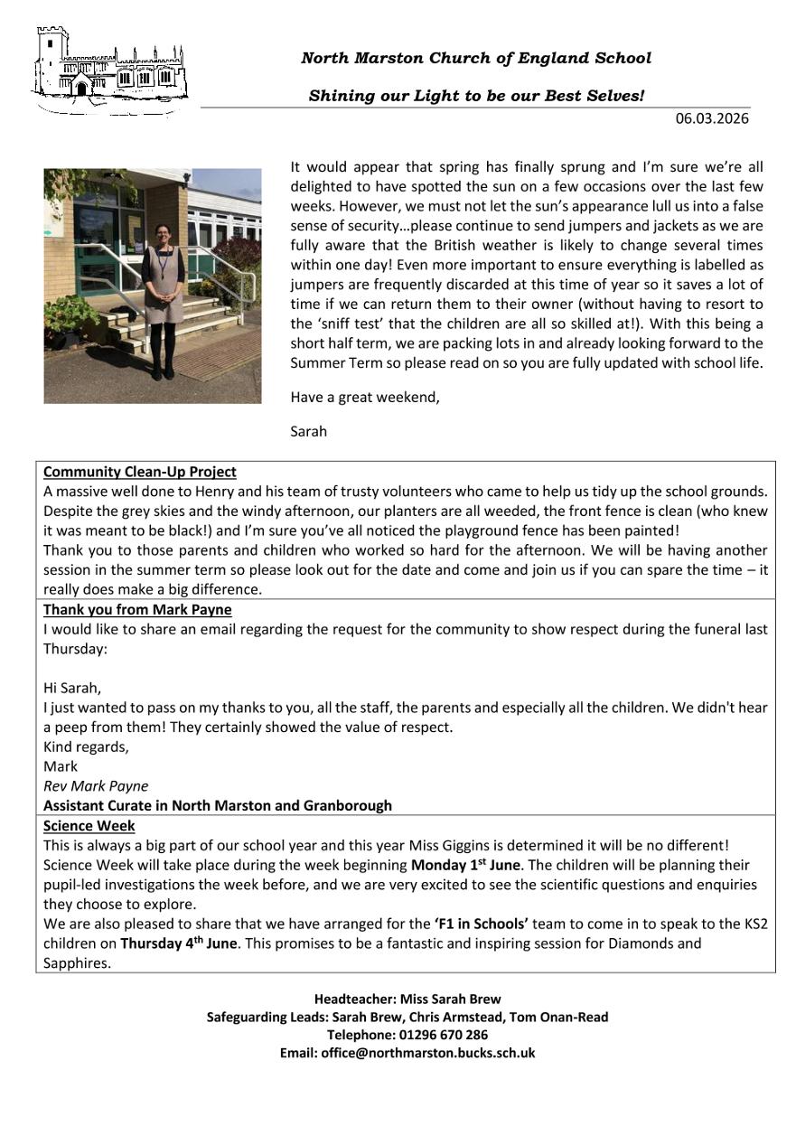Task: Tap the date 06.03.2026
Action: (x=712, y=118)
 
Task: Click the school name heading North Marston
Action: (x=475, y=59)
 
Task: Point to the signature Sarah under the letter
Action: (x=308, y=431)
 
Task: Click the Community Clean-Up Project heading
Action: (x=140, y=472)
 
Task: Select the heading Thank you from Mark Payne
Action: (x=137, y=609)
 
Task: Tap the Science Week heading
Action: (x=89, y=826)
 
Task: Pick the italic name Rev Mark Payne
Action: (x=96, y=785)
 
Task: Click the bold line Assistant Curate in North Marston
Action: (x=218, y=805)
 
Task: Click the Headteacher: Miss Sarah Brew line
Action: (x=407, y=999)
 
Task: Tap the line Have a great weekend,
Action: (x=365, y=398)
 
